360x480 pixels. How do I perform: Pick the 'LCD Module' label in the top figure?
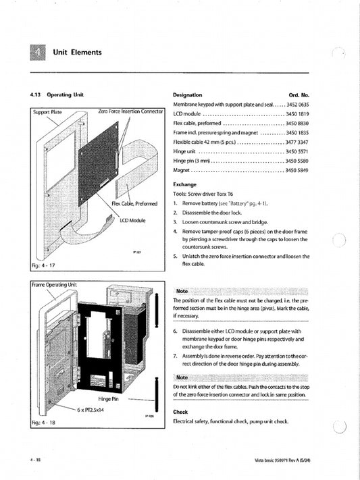133,221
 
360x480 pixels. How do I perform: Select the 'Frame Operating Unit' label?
55,285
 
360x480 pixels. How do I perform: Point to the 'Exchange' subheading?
184,184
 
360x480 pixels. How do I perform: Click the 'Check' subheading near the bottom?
180,411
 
